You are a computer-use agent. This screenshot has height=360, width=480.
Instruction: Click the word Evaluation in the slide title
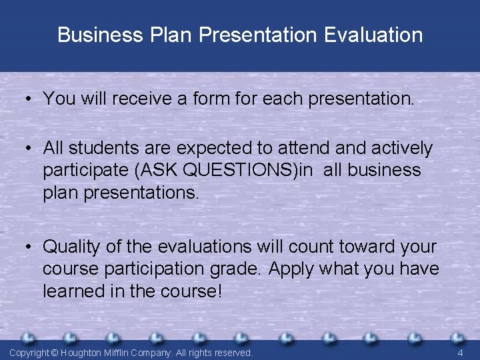(373, 35)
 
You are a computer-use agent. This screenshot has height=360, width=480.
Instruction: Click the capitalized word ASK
(160, 170)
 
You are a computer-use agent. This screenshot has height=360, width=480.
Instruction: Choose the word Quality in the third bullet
(72, 247)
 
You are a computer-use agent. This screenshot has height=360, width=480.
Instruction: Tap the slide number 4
(460, 352)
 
